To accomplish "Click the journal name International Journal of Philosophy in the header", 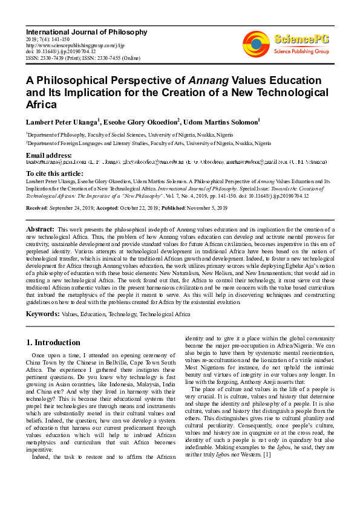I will pyautogui.click(x=86, y=31).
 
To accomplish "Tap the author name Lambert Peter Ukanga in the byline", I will pyautogui.click(x=62, y=122).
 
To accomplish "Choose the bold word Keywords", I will pyautogui.click(x=42, y=315).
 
